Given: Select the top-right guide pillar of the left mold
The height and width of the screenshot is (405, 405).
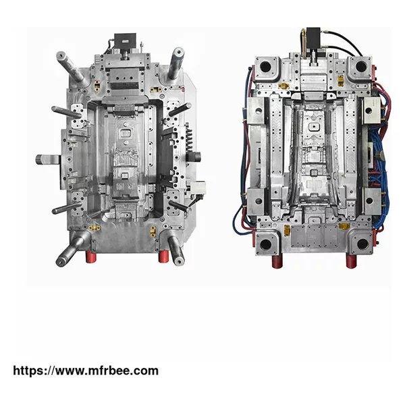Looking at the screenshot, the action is click(176, 63).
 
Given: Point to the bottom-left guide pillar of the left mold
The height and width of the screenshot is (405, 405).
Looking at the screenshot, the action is click(71, 248).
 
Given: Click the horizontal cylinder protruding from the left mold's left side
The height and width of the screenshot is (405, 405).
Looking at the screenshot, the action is click(49, 159).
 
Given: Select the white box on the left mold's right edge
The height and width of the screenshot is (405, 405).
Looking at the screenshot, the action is click(198, 187).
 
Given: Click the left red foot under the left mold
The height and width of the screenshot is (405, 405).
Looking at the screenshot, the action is click(91, 257).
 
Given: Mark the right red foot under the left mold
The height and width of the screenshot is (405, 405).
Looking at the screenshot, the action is click(163, 256).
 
